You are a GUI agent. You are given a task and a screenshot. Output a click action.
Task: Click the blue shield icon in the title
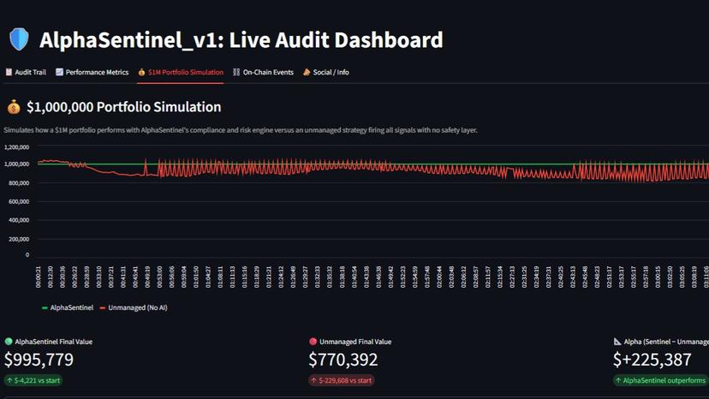click(19, 39)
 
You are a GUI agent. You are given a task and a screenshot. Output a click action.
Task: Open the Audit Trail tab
click(26, 73)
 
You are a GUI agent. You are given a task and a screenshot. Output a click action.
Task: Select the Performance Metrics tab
click(92, 73)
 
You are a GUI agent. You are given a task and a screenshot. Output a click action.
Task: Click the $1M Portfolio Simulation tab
click(180, 73)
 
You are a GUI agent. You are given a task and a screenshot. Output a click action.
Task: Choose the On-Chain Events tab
click(263, 73)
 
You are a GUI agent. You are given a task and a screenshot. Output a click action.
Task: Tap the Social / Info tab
click(325, 73)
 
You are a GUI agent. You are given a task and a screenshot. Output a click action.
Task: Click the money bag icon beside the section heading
click(14, 107)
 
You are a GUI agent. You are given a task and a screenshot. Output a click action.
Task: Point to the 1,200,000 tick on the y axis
click(16, 146)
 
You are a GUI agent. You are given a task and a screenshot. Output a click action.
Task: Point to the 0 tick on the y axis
click(27, 254)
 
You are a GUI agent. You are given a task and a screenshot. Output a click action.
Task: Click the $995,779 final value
click(39, 360)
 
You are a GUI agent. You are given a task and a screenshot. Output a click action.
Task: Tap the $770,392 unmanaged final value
click(343, 360)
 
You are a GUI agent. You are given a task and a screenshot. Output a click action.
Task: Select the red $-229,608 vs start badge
click(342, 380)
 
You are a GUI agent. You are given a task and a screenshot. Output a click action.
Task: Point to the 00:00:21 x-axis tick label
click(39, 276)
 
